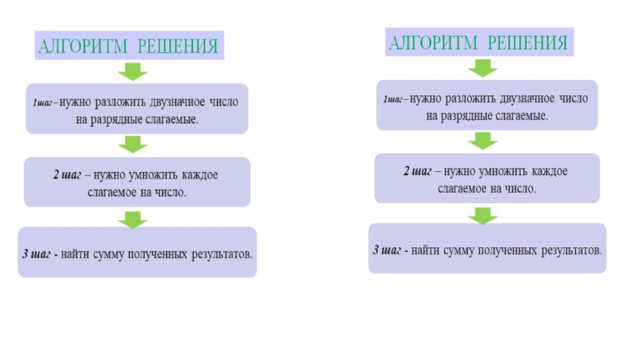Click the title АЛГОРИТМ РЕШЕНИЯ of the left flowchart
coord(128,46)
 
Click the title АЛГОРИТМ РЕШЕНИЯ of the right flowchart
coord(478,42)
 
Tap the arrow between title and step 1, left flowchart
coord(133,72)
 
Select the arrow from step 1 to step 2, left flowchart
coord(133,144)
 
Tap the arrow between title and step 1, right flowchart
coord(482,69)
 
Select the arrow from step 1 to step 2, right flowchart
coord(482,141)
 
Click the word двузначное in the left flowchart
coord(175,103)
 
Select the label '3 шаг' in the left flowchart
coord(37,254)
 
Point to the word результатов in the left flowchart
coord(222,254)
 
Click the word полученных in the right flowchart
coord(506,250)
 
